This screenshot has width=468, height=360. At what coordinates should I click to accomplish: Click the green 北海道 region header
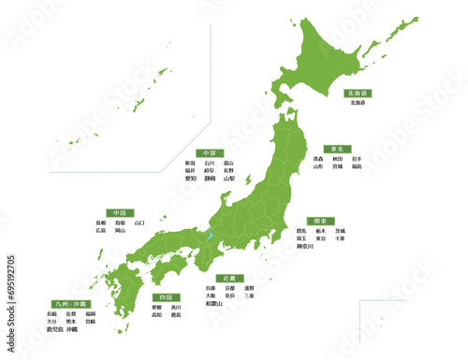pos(358,94)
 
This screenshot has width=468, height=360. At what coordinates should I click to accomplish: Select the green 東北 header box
pos(334,150)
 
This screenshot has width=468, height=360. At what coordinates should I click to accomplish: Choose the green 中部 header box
pos(209,153)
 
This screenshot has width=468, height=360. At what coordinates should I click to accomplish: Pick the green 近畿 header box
pos(227,279)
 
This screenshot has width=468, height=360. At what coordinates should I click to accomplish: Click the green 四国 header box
pos(165,296)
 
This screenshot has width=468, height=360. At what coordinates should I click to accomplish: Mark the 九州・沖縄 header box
pos(69,305)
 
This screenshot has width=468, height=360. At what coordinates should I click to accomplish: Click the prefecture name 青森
pos(318,160)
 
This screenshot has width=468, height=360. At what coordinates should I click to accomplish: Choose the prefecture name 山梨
pos(229,179)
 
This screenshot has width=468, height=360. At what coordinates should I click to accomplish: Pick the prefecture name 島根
pos(101,223)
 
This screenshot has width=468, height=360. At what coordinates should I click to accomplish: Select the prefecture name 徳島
pos(176,314)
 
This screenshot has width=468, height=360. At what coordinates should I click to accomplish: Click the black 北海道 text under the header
pos(358,103)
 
